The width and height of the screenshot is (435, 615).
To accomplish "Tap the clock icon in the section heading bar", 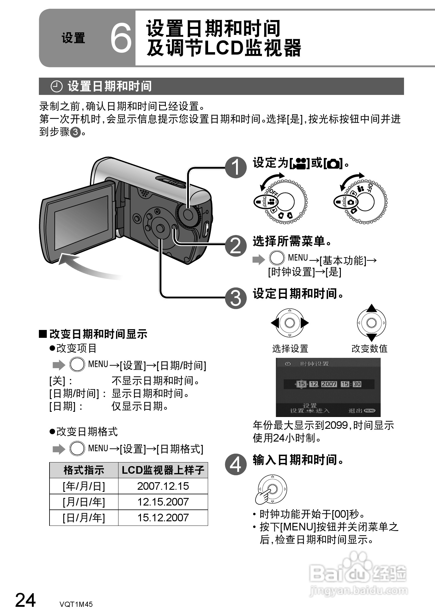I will coord(56,86).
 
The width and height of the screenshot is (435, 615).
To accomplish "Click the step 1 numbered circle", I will coord(236,167).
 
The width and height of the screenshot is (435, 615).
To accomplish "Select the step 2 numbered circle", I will coord(236,246).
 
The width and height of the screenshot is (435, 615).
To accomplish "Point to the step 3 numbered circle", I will coord(236,298).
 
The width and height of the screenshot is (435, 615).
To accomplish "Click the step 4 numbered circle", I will coord(236,464).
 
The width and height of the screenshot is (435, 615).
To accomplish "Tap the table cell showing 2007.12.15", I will coord(163,486).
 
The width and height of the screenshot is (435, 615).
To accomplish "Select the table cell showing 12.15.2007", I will coord(163,502).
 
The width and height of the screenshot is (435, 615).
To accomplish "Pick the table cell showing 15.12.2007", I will coord(163,518).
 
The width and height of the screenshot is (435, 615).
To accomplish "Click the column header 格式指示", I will coord(84,470).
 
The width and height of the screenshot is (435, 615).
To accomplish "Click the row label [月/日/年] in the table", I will coord(84,502).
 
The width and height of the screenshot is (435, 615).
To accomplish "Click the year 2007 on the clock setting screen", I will coord(329,384).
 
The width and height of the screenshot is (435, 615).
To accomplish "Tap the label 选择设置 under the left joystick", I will coord(290,349).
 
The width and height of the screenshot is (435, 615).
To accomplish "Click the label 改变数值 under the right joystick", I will coord(369,349).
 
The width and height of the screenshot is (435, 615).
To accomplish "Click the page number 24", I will coord(26,600).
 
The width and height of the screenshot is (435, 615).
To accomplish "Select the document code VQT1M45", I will coord(76,604).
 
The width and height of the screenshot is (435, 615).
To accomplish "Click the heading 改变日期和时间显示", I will coord(98,334).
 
